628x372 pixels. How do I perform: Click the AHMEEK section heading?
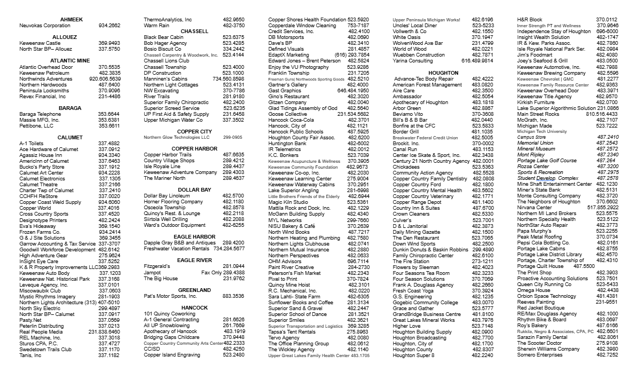71,20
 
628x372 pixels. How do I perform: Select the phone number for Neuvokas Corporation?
109,26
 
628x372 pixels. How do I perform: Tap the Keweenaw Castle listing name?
40,43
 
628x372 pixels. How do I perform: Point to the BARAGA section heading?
70,108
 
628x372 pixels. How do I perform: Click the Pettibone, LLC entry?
36,126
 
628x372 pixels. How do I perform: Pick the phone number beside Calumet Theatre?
109,184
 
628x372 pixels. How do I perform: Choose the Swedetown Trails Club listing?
45,349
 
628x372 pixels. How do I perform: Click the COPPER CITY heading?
194,131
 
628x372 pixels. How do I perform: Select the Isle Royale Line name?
163,167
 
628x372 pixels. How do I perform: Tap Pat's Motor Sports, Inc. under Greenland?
170,296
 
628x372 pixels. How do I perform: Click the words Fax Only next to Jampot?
211,272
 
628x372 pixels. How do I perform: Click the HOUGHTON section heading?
443,73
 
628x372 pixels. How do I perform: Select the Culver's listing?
402,220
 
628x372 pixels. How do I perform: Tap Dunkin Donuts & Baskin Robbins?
430,249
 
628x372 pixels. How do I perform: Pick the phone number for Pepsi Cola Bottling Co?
607,243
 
